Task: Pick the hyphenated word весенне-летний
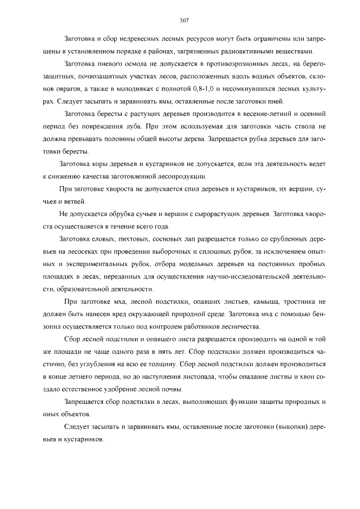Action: point(256,114)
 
